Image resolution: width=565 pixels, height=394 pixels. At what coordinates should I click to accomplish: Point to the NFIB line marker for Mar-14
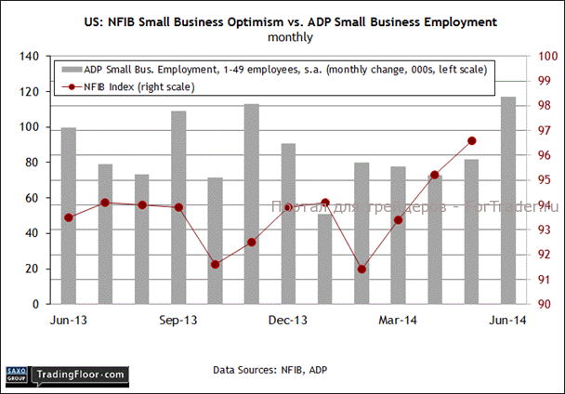click(x=398, y=220)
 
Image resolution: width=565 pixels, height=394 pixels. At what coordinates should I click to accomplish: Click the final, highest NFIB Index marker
click(x=471, y=140)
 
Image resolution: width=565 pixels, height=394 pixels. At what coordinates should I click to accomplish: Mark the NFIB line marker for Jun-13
click(x=69, y=217)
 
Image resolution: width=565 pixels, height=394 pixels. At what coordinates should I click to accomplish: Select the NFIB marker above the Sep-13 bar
click(x=178, y=207)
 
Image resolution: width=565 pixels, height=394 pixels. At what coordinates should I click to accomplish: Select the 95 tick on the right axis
click(x=539, y=180)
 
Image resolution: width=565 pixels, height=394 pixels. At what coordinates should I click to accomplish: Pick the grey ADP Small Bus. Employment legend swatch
click(x=72, y=69)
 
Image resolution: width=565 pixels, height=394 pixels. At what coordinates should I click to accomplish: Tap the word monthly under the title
click(x=290, y=38)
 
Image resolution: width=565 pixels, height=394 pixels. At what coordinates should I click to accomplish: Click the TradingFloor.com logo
click(x=79, y=374)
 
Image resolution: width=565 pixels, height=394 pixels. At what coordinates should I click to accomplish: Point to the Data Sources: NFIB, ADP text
click(x=269, y=370)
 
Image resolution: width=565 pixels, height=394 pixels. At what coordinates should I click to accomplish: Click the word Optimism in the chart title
click(x=232, y=20)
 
